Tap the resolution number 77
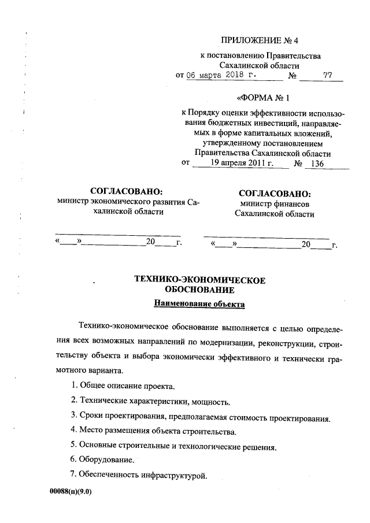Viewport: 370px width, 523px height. coord(328,75)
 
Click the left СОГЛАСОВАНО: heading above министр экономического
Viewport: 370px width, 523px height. coord(127,191)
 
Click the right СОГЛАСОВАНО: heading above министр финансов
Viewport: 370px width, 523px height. coord(275,194)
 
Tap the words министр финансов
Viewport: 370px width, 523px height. coord(275,204)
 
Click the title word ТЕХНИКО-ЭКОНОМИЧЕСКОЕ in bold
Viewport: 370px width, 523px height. coord(199,280)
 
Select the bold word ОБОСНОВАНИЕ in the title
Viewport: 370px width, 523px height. coord(199,290)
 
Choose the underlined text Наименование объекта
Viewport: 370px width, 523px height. coord(199,303)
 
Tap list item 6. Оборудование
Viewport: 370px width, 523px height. coord(102,460)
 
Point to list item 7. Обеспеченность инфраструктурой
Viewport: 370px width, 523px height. coord(138,475)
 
